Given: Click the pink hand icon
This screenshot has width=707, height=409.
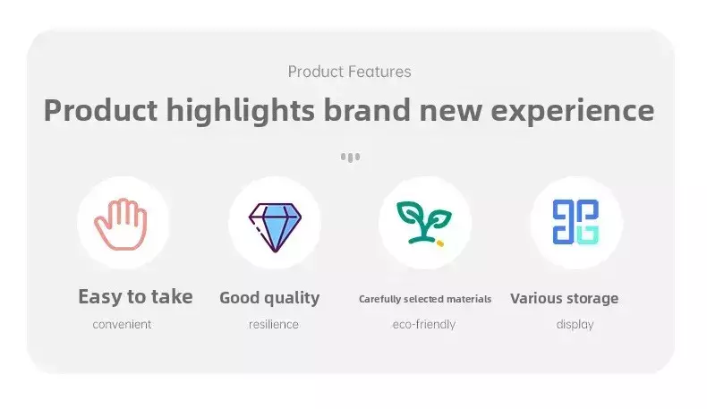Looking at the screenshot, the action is pos(121,224).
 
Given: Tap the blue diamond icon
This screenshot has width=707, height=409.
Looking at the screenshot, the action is pos(275,227).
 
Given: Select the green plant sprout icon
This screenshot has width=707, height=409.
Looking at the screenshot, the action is pos(423,222).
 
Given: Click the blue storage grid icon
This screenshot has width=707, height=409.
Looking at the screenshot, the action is pos(575,222).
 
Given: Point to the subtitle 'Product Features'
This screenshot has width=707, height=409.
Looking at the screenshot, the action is pos(349,72).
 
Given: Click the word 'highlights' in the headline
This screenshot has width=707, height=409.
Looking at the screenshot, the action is pos(241,110).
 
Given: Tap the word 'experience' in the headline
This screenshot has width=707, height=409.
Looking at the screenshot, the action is pos(572,111).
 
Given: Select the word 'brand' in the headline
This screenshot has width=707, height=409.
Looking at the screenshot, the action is pos(367,110).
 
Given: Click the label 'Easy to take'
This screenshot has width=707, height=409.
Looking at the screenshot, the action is pos(135,297).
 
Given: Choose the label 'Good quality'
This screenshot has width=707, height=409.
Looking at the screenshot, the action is pos(269,298).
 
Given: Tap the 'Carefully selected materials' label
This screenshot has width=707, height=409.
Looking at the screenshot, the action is pos(425,299).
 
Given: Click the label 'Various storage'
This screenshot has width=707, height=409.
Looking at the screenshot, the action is pos(565,299).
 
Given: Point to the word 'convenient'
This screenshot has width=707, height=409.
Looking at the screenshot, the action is pos(122,324).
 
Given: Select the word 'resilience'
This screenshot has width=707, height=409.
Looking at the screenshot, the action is pos(274,324).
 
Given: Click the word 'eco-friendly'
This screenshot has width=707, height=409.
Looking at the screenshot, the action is pos(424,324).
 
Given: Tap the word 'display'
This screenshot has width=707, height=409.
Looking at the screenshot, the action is pos(575,324).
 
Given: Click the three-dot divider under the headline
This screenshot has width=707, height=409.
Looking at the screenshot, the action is pos(350,158).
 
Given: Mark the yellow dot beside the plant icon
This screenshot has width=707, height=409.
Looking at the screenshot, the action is pos(440,243).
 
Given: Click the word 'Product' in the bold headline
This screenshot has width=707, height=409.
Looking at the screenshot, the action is pos(100,110).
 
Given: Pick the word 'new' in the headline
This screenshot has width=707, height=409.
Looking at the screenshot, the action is pos(451,112).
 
